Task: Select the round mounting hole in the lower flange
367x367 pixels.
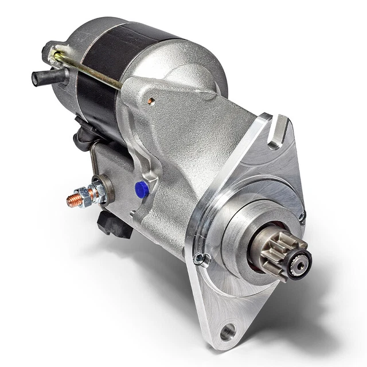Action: click(x=227, y=331)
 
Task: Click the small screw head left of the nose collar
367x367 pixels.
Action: click(x=201, y=259)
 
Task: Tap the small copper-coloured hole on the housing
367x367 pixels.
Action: click(x=151, y=101)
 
